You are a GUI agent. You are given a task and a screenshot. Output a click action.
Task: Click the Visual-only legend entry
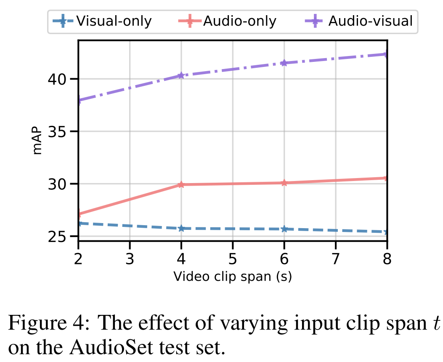[x=102, y=21]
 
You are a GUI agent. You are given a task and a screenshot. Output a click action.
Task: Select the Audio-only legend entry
[x=228, y=21]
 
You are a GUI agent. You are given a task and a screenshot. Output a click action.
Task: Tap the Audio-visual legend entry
[x=359, y=21]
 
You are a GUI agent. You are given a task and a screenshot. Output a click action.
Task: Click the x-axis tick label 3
[x=130, y=258]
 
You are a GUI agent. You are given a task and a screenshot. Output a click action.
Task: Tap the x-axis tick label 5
[x=233, y=258]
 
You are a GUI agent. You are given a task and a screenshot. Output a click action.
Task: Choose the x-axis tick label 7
[x=335, y=258]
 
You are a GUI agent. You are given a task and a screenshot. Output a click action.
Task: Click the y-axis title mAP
[x=37, y=140]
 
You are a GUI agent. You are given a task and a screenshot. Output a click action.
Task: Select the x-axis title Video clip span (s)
[x=233, y=277]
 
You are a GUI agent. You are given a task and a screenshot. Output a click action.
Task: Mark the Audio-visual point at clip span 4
[x=181, y=75]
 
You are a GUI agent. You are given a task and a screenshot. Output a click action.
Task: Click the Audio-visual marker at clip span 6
[x=284, y=63]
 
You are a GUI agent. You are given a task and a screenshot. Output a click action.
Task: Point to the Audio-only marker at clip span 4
[x=181, y=184]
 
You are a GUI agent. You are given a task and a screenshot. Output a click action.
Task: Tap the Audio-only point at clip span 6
[x=284, y=183]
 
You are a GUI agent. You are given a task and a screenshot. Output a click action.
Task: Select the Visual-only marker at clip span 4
[x=181, y=228]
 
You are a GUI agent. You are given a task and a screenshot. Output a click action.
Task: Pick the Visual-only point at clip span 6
[x=284, y=229]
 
